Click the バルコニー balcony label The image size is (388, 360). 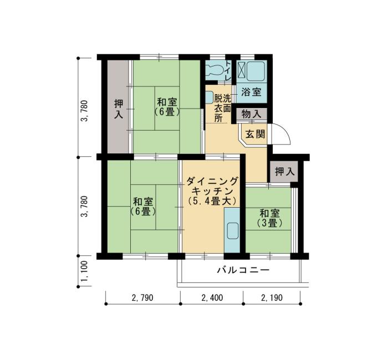242,271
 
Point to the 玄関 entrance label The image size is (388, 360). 255,133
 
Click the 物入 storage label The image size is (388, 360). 252,114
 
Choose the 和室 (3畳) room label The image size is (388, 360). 269,218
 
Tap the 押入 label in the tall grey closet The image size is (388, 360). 118,109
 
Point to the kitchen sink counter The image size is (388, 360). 232,236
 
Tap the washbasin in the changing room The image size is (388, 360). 209,98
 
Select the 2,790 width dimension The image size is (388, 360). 142,297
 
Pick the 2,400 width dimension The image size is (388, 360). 212,297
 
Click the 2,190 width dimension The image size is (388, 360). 272,297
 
